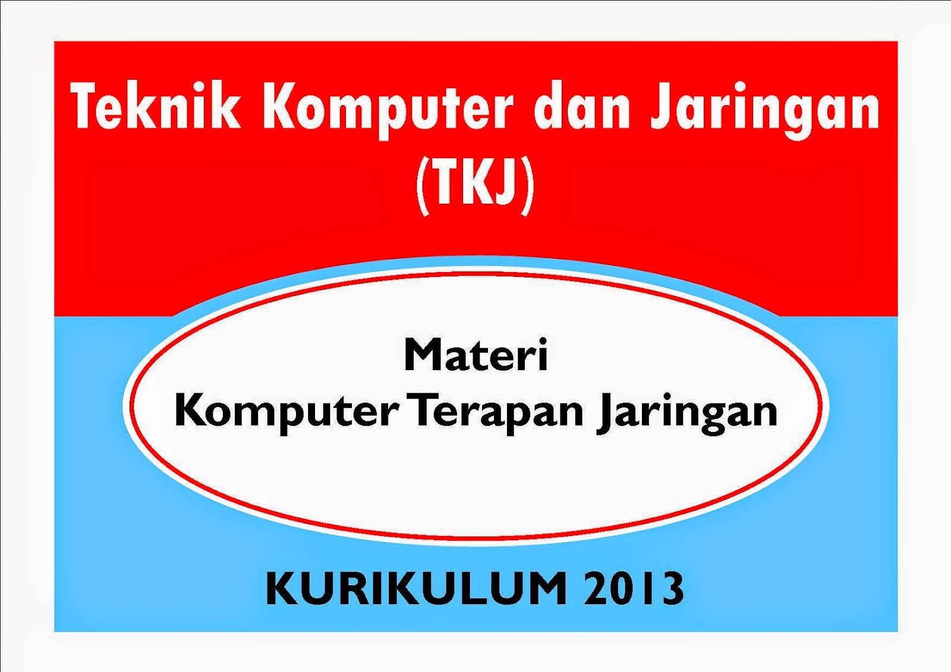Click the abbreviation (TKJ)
(x=475, y=181)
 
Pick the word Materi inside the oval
(x=475, y=355)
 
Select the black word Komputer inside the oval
(x=286, y=412)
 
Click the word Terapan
(x=498, y=412)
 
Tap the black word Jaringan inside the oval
(x=688, y=412)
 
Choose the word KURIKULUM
(x=416, y=588)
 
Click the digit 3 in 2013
(x=671, y=588)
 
